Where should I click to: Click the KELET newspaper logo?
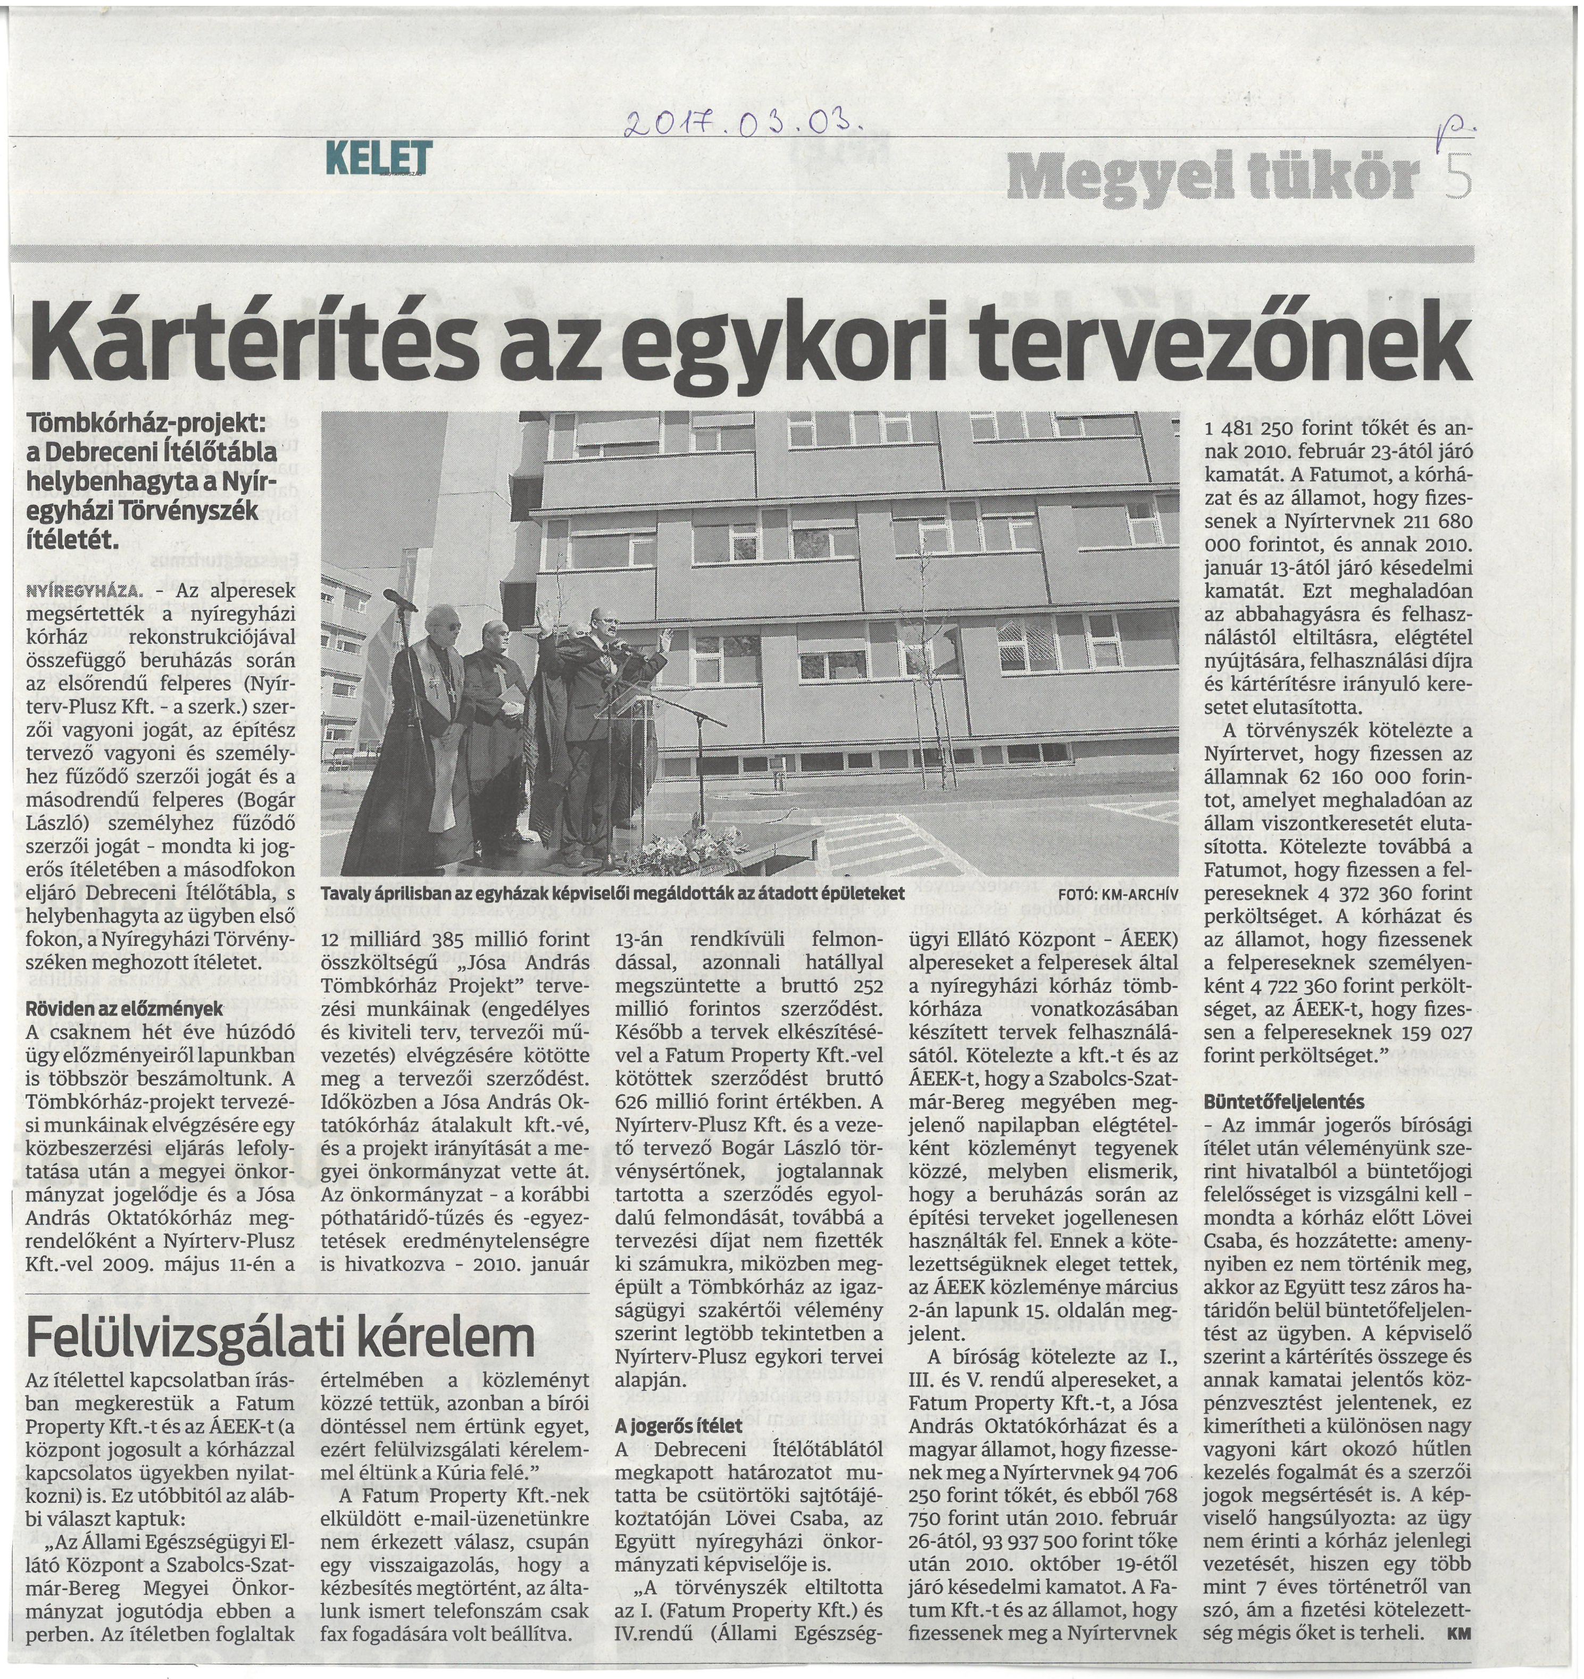(378, 157)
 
